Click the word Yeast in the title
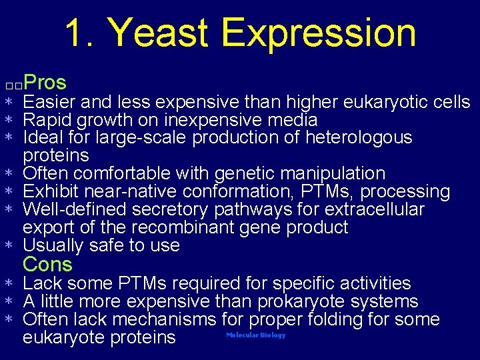[x=159, y=33]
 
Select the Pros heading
[x=45, y=83]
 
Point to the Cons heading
[x=47, y=265]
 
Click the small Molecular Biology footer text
[x=255, y=335]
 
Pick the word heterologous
[x=359, y=138]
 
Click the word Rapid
[x=47, y=121]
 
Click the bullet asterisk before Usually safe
[x=9, y=247]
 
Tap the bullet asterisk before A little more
[x=9, y=302]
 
